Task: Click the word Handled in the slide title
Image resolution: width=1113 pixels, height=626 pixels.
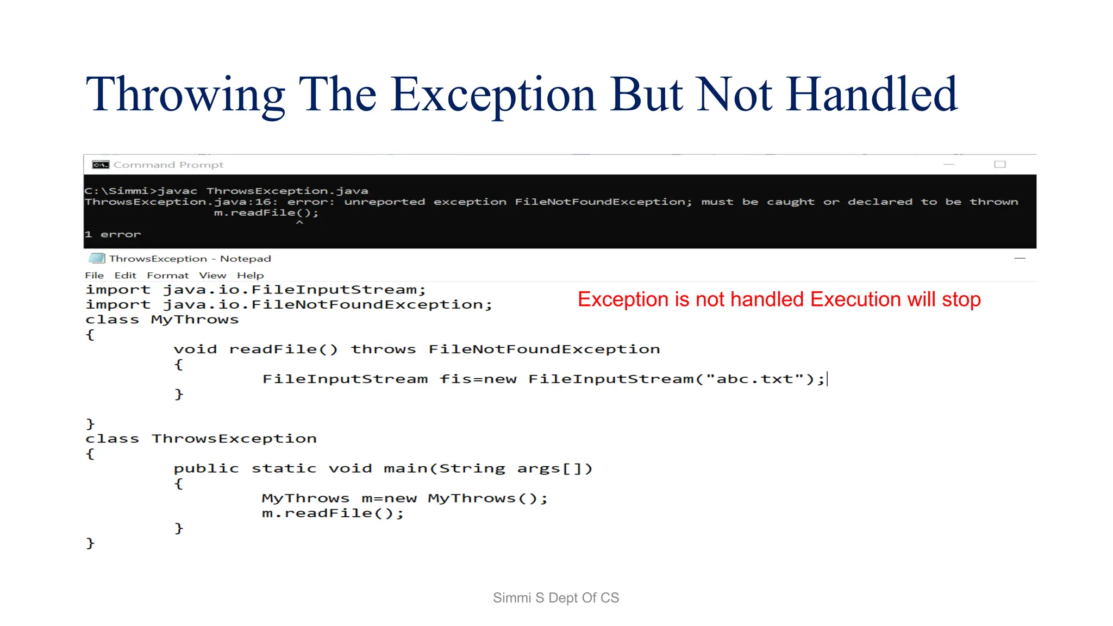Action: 872,95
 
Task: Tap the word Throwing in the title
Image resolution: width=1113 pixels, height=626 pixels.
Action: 185,96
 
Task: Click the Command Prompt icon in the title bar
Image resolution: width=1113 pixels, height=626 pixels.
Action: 101,165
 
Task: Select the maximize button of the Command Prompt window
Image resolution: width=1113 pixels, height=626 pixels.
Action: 1000,165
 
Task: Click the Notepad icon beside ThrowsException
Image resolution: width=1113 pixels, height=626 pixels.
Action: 97,258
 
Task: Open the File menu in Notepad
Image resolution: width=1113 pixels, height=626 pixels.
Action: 94,276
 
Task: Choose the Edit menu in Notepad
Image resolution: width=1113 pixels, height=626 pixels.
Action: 125,276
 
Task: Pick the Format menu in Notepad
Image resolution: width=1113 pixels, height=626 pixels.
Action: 167,276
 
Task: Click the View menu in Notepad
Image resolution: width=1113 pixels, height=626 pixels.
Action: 212,276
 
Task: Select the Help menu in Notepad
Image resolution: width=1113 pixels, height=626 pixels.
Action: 250,276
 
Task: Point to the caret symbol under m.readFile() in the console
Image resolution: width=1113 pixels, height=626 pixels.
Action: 299,223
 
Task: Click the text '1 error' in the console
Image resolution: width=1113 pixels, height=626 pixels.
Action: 112,234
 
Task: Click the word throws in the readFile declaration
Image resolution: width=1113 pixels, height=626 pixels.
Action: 383,349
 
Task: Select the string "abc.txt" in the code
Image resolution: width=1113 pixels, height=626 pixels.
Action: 754,379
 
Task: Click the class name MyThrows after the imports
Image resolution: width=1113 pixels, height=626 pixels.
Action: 195,320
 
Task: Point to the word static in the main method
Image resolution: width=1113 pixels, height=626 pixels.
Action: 284,468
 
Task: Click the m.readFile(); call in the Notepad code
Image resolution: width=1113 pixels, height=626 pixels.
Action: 333,514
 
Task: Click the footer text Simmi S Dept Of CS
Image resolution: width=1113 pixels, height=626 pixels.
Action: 556,598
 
